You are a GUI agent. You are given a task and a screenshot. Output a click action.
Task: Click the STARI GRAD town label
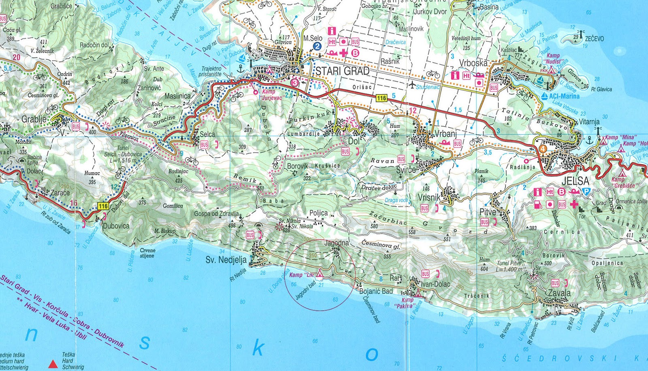coord(342,71)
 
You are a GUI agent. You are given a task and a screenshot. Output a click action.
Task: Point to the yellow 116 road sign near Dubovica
coord(103,206)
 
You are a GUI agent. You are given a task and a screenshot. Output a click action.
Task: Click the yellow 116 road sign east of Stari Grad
coord(381,98)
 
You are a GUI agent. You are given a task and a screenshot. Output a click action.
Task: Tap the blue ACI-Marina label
coord(564,97)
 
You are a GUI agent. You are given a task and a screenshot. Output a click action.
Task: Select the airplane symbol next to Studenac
coord(412,86)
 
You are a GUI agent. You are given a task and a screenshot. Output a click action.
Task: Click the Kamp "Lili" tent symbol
coord(320,273)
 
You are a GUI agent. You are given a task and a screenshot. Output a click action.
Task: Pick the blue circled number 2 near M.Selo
coord(318,46)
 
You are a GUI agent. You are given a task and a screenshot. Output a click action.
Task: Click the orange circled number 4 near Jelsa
coord(543,148)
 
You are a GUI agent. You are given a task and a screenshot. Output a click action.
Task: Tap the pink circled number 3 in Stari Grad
coord(294,82)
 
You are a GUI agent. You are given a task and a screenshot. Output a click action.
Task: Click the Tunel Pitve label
coord(509,264)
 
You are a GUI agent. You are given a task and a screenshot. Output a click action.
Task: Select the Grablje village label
coord(34,120)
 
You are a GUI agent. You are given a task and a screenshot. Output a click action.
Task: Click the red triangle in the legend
coord(53,364)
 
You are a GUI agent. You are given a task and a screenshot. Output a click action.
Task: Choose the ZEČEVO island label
coord(594,39)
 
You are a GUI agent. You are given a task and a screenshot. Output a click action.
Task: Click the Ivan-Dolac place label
coord(435,284)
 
